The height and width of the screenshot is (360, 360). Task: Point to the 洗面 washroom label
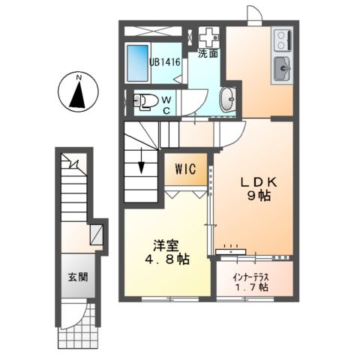208,54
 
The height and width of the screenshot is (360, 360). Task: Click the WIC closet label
187,169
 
